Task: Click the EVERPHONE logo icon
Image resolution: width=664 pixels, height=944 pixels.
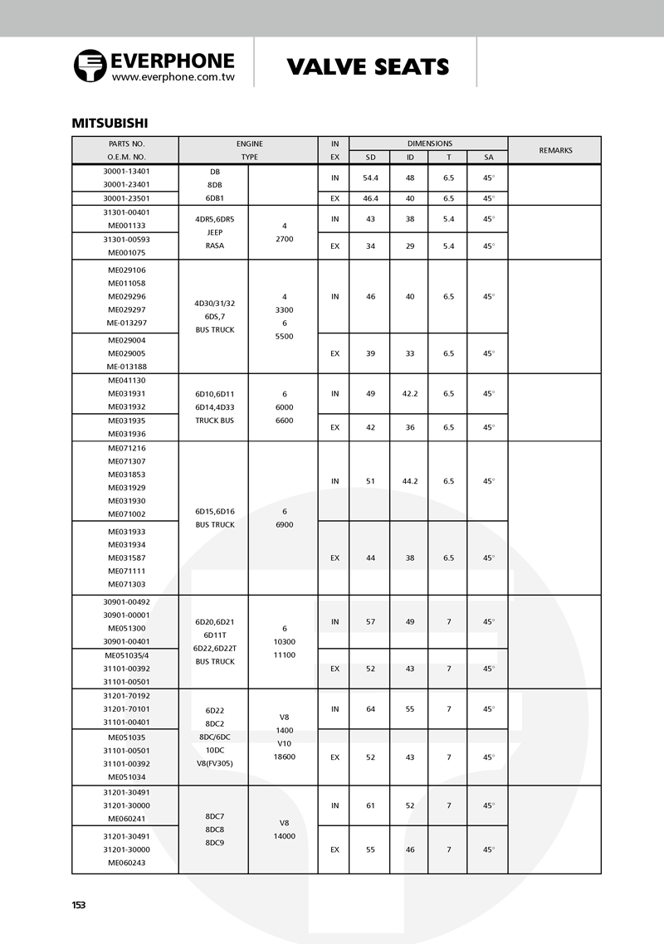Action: coord(90,66)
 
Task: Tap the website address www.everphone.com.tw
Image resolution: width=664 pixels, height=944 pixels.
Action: coord(173,76)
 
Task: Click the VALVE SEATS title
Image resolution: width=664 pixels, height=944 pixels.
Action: coord(368,67)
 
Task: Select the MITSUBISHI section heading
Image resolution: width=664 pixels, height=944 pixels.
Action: coord(110,124)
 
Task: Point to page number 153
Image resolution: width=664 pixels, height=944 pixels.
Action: coord(79,905)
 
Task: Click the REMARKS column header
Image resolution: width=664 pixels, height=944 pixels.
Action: coord(555,150)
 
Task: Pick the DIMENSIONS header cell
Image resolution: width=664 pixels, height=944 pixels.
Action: coord(429,144)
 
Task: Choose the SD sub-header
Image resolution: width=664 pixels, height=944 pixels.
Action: coord(370,157)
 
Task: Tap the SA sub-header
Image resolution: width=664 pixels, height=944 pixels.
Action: coord(488,157)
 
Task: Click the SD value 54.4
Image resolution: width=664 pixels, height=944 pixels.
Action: coord(370,178)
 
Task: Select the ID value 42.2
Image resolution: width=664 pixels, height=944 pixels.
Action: coord(410,394)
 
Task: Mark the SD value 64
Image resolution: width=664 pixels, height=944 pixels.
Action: coord(370,709)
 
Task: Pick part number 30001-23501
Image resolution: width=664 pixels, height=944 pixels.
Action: coord(126,198)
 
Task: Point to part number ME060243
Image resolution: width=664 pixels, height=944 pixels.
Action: coord(126,863)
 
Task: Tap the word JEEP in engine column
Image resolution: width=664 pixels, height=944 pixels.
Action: coord(214,232)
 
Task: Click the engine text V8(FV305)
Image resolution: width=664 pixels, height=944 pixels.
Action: coord(214,763)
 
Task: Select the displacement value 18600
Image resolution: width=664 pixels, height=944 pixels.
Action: coord(284,757)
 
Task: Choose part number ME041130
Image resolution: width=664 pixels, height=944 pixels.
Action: coord(126,381)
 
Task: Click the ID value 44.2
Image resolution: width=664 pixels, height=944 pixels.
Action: coord(410,481)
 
